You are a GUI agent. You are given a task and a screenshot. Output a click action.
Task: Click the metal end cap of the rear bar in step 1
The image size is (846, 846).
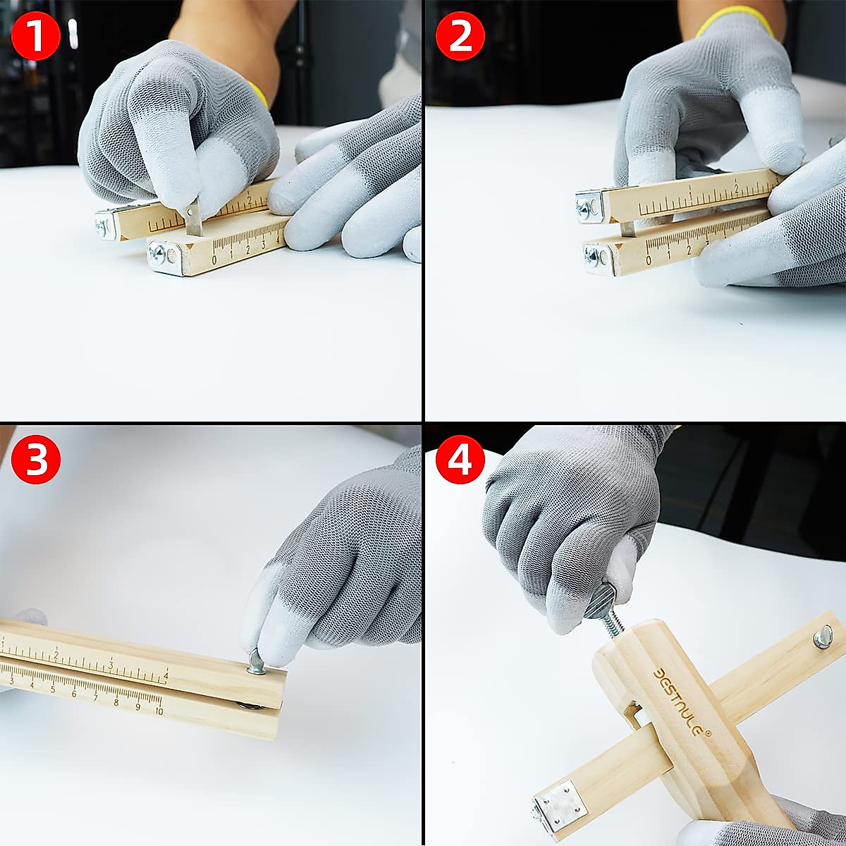pyautogui.click(x=106, y=224)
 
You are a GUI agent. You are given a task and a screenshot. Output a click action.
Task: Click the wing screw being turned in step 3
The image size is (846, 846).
pyautogui.click(x=256, y=661)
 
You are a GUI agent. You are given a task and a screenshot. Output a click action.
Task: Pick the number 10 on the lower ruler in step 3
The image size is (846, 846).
pyautogui.click(x=159, y=711)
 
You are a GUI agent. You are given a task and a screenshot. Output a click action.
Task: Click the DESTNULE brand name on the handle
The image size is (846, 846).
pyautogui.click(x=680, y=701)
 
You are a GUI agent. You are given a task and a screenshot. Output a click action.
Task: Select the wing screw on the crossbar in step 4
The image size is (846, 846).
pyautogui.click(x=822, y=637)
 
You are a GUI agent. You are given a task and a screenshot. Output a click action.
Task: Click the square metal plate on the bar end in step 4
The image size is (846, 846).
pyautogui.click(x=560, y=804)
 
